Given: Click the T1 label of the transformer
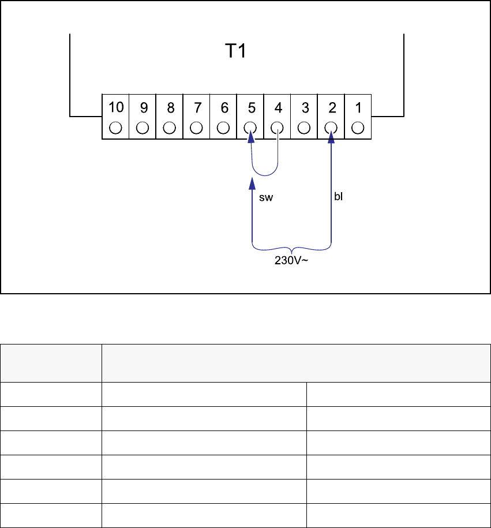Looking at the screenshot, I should [235, 51].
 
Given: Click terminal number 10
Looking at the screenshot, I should [115, 107].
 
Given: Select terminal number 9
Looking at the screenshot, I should [143, 107].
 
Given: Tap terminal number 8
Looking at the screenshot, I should [170, 107].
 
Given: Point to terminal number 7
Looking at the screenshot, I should [197, 107].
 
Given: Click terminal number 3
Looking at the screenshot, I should [304, 107].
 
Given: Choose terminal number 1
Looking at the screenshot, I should [358, 107].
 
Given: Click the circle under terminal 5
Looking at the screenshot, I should [250, 127].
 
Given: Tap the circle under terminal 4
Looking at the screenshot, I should [278, 127].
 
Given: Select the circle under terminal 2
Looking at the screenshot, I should [331, 127].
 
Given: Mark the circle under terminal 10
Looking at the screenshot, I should [115, 127].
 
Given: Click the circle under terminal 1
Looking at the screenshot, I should [358, 127].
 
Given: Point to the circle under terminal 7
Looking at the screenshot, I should [197, 127].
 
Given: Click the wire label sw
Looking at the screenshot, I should [265, 198].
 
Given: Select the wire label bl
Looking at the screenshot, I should [339, 196].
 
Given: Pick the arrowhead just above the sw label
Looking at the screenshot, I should [251, 184].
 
